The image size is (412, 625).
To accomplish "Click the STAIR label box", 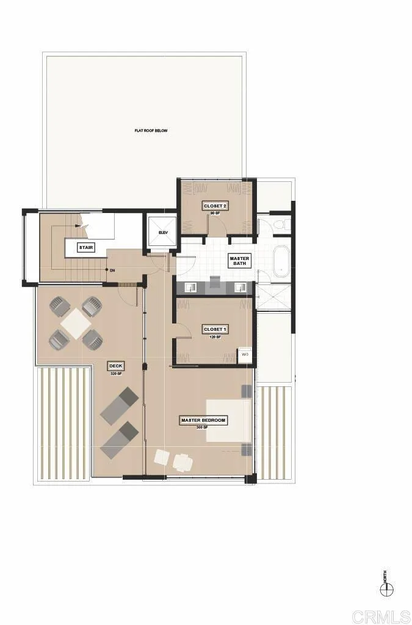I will [x=85, y=247].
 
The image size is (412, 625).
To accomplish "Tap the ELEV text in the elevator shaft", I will [x=162, y=233].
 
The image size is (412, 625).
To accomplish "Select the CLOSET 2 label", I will [x=215, y=206].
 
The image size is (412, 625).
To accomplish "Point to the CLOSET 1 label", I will [x=215, y=330].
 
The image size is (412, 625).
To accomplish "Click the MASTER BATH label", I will [x=239, y=261].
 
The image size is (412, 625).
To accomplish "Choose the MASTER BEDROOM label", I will [x=203, y=420].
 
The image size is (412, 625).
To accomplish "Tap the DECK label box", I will [x=116, y=366].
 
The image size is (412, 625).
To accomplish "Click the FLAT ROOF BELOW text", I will [x=151, y=131].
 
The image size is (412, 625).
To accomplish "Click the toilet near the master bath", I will [x=279, y=226].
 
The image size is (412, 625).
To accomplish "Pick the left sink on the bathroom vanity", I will [x=189, y=287].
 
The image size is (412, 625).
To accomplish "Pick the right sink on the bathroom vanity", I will [x=240, y=287].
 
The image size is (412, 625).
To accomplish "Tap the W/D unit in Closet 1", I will [x=245, y=355].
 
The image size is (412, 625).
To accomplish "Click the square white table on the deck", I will [x=76, y=323].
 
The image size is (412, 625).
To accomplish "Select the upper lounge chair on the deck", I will [x=120, y=405].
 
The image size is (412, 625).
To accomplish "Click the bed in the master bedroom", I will [x=228, y=420].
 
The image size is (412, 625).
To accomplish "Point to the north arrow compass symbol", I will [x=385, y=589].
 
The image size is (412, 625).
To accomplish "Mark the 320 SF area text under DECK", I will [x=116, y=374].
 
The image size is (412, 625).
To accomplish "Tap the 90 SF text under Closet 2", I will [x=215, y=214].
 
